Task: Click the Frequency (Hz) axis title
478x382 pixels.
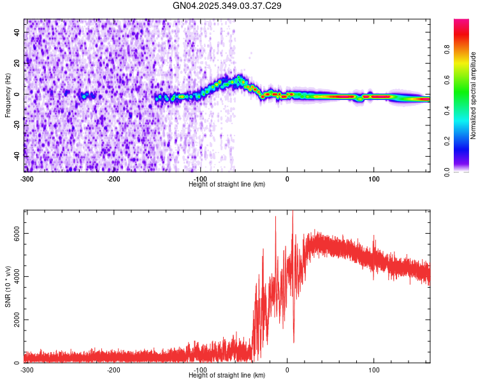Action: point(8,95)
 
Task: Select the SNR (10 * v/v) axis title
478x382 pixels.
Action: point(8,286)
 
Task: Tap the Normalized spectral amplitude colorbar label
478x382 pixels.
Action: point(474,95)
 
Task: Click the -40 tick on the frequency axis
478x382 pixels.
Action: point(16,155)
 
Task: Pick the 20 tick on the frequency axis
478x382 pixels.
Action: point(17,63)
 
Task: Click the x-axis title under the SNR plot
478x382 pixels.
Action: point(228,375)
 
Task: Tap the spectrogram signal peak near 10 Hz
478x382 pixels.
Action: point(240,80)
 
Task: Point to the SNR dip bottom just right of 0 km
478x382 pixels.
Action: point(294,342)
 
